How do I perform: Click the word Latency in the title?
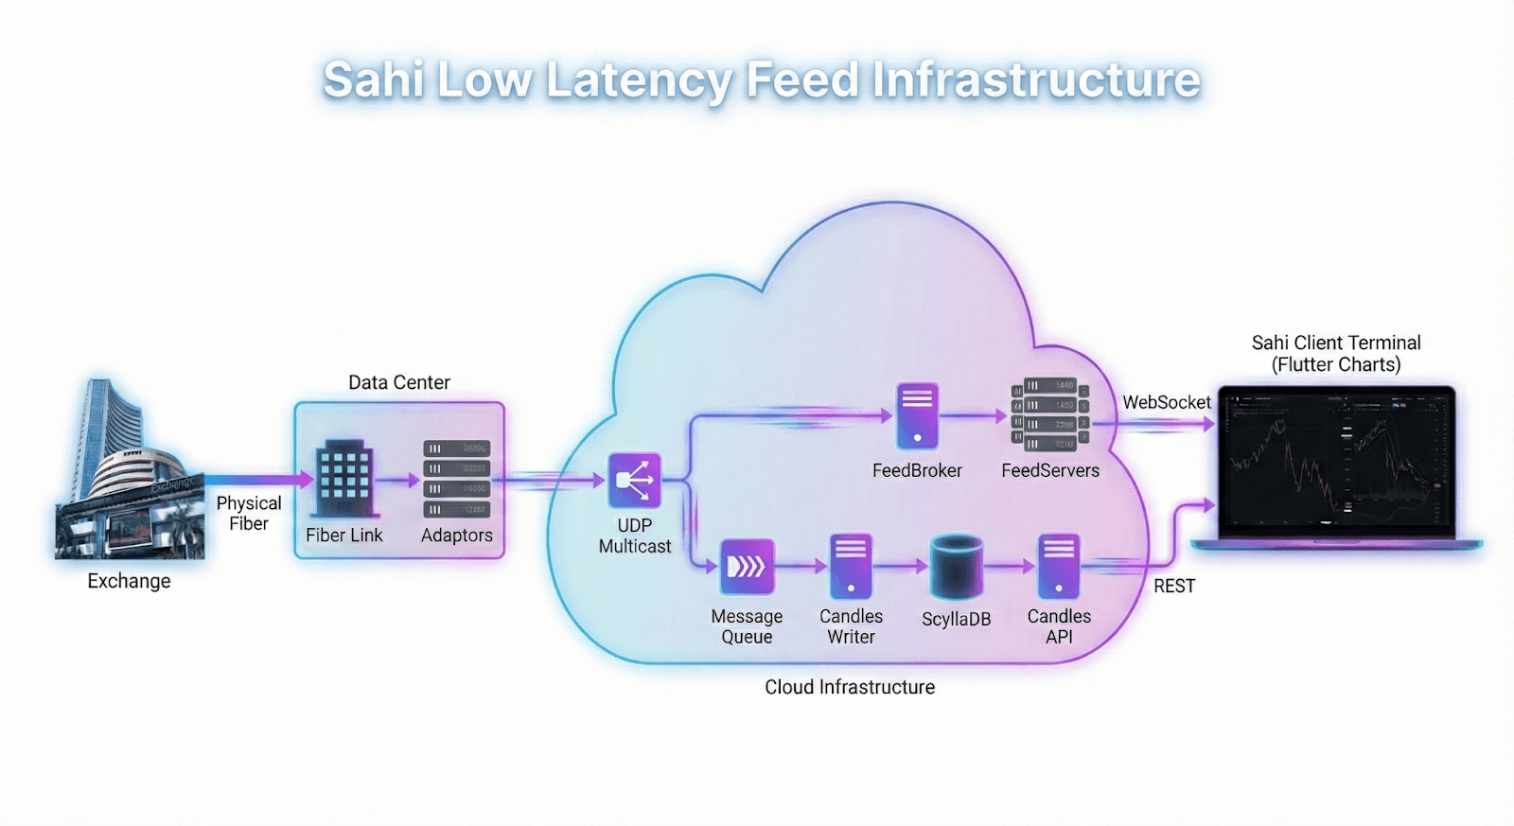(639, 79)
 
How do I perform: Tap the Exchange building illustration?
(128, 473)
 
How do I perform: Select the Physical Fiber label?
(249, 513)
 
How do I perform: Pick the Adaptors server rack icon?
(456, 479)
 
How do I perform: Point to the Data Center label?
(399, 382)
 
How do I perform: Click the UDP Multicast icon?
(634, 481)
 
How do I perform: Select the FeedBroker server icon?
(917, 415)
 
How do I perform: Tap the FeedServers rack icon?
(1050, 414)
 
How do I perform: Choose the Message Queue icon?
(748, 566)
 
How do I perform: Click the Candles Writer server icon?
(851, 567)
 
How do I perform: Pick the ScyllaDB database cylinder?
(957, 567)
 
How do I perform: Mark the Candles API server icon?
(1059, 567)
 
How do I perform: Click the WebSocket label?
(1166, 402)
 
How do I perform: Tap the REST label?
(1174, 586)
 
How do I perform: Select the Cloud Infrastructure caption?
(850, 687)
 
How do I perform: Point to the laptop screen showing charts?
(1336, 460)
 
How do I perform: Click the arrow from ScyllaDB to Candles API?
(1011, 567)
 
